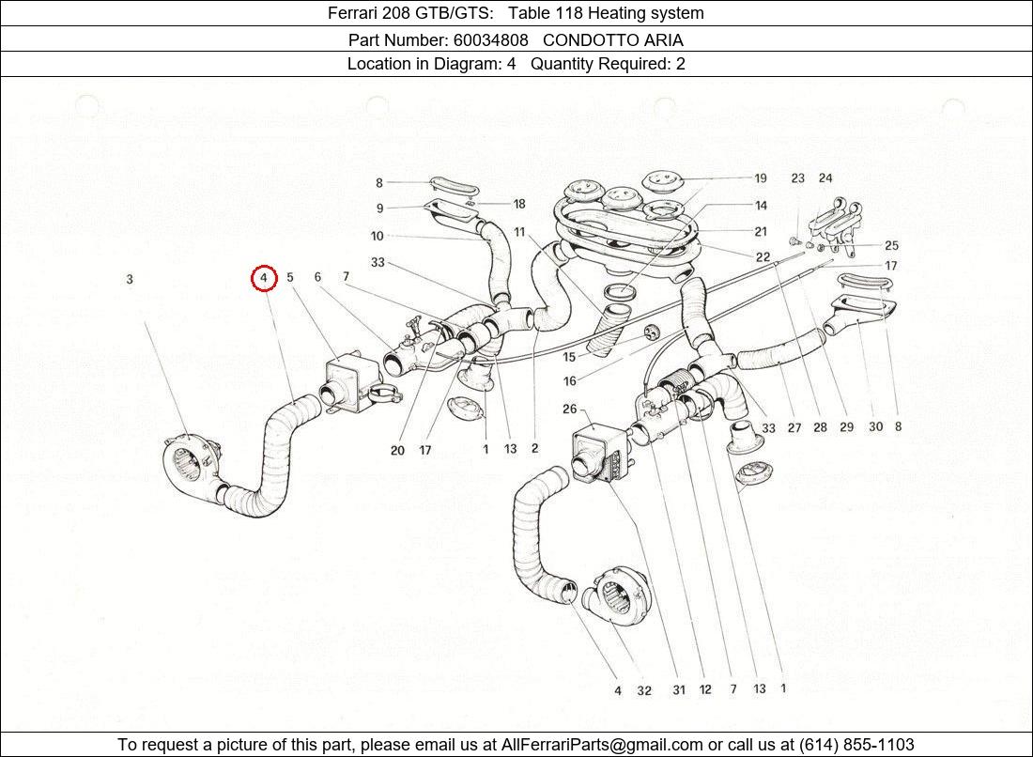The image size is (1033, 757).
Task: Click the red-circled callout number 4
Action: [264, 278]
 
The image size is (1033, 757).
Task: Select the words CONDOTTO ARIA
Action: [612, 40]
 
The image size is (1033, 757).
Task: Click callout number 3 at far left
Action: [130, 279]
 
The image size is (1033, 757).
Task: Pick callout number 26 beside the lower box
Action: [570, 409]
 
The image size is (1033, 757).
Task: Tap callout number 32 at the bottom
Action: [644, 691]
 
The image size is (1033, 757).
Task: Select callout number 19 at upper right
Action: [760, 178]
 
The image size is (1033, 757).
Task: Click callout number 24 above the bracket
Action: [825, 178]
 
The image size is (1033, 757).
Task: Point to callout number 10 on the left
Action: [378, 237]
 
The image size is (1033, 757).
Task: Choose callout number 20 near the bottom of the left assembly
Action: [397, 451]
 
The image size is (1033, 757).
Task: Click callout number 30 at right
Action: [875, 427]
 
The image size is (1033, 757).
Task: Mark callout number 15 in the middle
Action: [569, 358]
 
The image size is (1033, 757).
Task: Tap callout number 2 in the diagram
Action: [534, 449]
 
